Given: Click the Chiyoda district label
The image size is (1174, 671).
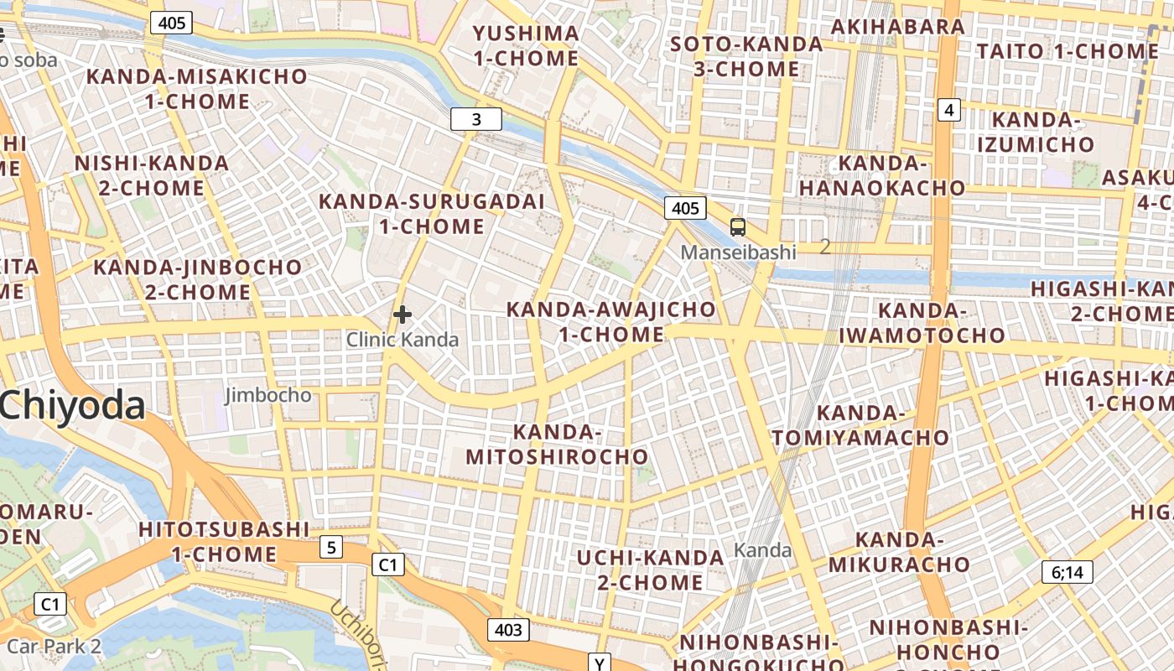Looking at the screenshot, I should pyautogui.click(x=73, y=406).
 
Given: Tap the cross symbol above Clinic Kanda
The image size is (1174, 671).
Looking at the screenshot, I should pyautogui.click(x=403, y=315).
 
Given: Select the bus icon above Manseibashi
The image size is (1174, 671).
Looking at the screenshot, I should pyautogui.click(x=738, y=226).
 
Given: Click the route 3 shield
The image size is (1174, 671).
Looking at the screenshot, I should pyautogui.click(x=476, y=119).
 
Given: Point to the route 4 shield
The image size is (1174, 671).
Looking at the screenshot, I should pyautogui.click(x=948, y=109).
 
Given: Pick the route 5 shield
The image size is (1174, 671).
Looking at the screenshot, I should pyautogui.click(x=331, y=548).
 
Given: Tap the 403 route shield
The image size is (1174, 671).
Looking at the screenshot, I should pyautogui.click(x=508, y=630).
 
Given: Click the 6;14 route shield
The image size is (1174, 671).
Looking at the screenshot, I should pyautogui.click(x=1068, y=573).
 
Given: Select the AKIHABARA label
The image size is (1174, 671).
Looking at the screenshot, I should pyautogui.click(x=898, y=26).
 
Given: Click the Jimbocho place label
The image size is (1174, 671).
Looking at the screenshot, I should pyautogui.click(x=268, y=395).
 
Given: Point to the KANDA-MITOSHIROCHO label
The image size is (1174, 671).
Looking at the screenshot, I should pyautogui.click(x=558, y=445).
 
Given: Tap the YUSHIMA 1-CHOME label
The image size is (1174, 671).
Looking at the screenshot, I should pyautogui.click(x=526, y=46).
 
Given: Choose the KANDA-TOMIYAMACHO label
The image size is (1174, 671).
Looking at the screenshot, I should pyautogui.click(x=860, y=425).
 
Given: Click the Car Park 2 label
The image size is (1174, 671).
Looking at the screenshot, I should pyautogui.click(x=54, y=647).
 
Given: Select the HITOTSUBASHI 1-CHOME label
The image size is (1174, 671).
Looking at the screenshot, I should pyautogui.click(x=224, y=542).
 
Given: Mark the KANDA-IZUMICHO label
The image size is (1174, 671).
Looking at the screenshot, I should pyautogui.click(x=1036, y=132).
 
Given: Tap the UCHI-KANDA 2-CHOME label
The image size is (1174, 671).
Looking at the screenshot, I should pyautogui.click(x=651, y=570).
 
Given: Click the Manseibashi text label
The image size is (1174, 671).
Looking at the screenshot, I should pyautogui.click(x=738, y=252).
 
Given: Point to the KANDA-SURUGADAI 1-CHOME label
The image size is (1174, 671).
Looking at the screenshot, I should pyautogui.click(x=432, y=214).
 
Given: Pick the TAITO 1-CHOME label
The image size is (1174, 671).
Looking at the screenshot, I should pyautogui.click(x=1068, y=51).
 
